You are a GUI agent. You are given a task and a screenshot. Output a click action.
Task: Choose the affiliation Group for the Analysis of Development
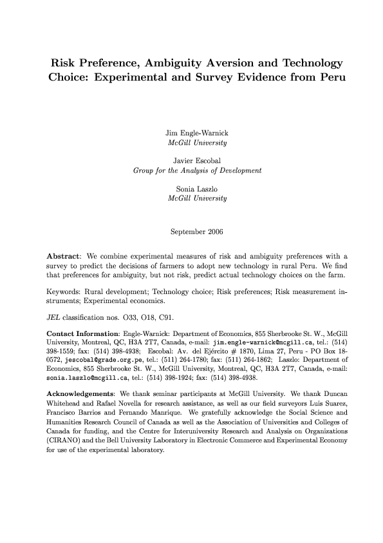point(196,171)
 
